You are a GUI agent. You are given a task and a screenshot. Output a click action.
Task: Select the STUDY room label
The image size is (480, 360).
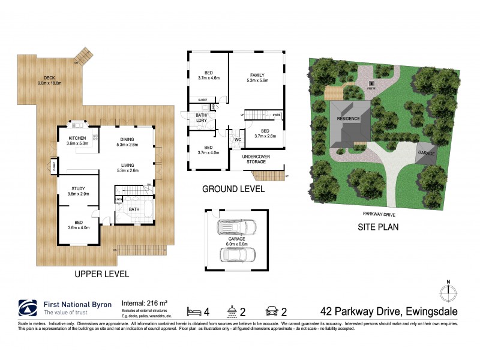click(x=77, y=191)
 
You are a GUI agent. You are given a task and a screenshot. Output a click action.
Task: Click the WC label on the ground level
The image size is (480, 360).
click(x=237, y=140)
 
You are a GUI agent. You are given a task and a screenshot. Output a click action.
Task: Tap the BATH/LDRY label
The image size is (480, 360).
click(x=201, y=118)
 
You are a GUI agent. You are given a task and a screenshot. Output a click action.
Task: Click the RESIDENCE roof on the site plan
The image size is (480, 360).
click(x=348, y=119)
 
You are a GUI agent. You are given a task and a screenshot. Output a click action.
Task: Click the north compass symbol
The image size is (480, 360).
click(x=448, y=293)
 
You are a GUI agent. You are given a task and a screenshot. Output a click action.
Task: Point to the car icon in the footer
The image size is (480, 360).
click(x=271, y=311)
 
